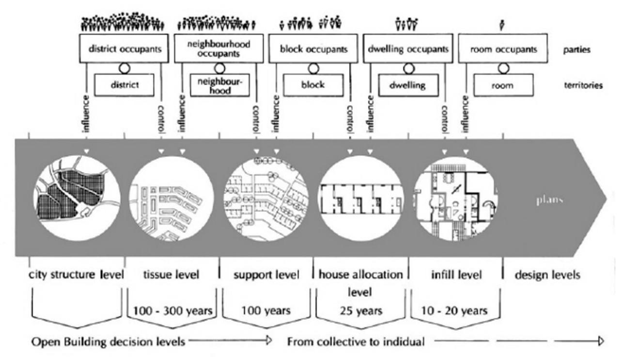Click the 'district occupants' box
point(125,49)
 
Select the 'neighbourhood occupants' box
point(219,49)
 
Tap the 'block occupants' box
point(313,49)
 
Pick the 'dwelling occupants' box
point(408,49)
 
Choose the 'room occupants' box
point(503,49)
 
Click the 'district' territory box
point(124,85)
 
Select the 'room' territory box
point(503,85)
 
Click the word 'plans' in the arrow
point(548,199)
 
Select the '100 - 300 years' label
point(172,311)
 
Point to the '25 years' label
point(360,311)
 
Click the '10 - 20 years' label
point(456,311)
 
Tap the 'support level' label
point(266,275)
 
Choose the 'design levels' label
point(547,275)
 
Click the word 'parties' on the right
point(577,49)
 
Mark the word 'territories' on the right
point(583,85)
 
